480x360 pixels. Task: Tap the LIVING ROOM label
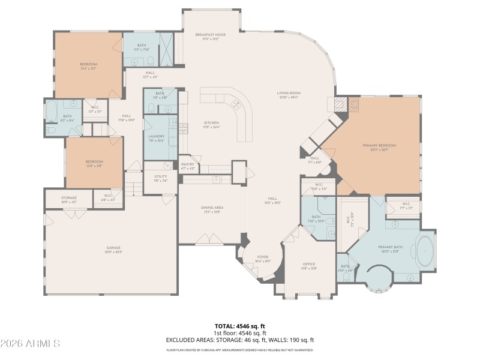pos(288,93)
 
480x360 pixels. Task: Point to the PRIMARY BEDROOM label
pos(379,145)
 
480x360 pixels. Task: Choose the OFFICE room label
pos(309,264)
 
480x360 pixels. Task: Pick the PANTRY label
pos(188,165)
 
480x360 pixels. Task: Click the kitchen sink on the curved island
pos(236,104)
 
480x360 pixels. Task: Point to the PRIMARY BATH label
pos(390,247)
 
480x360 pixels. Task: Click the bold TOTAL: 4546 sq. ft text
pos(240,326)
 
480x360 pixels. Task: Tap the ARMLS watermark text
pos(30,344)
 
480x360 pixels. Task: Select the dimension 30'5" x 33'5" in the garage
pos(110,253)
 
